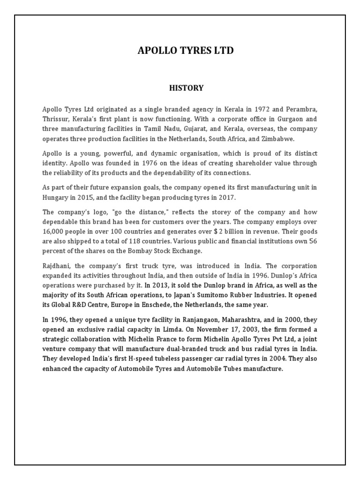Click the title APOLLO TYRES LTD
tap(186, 50)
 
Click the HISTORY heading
tap(186, 88)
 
